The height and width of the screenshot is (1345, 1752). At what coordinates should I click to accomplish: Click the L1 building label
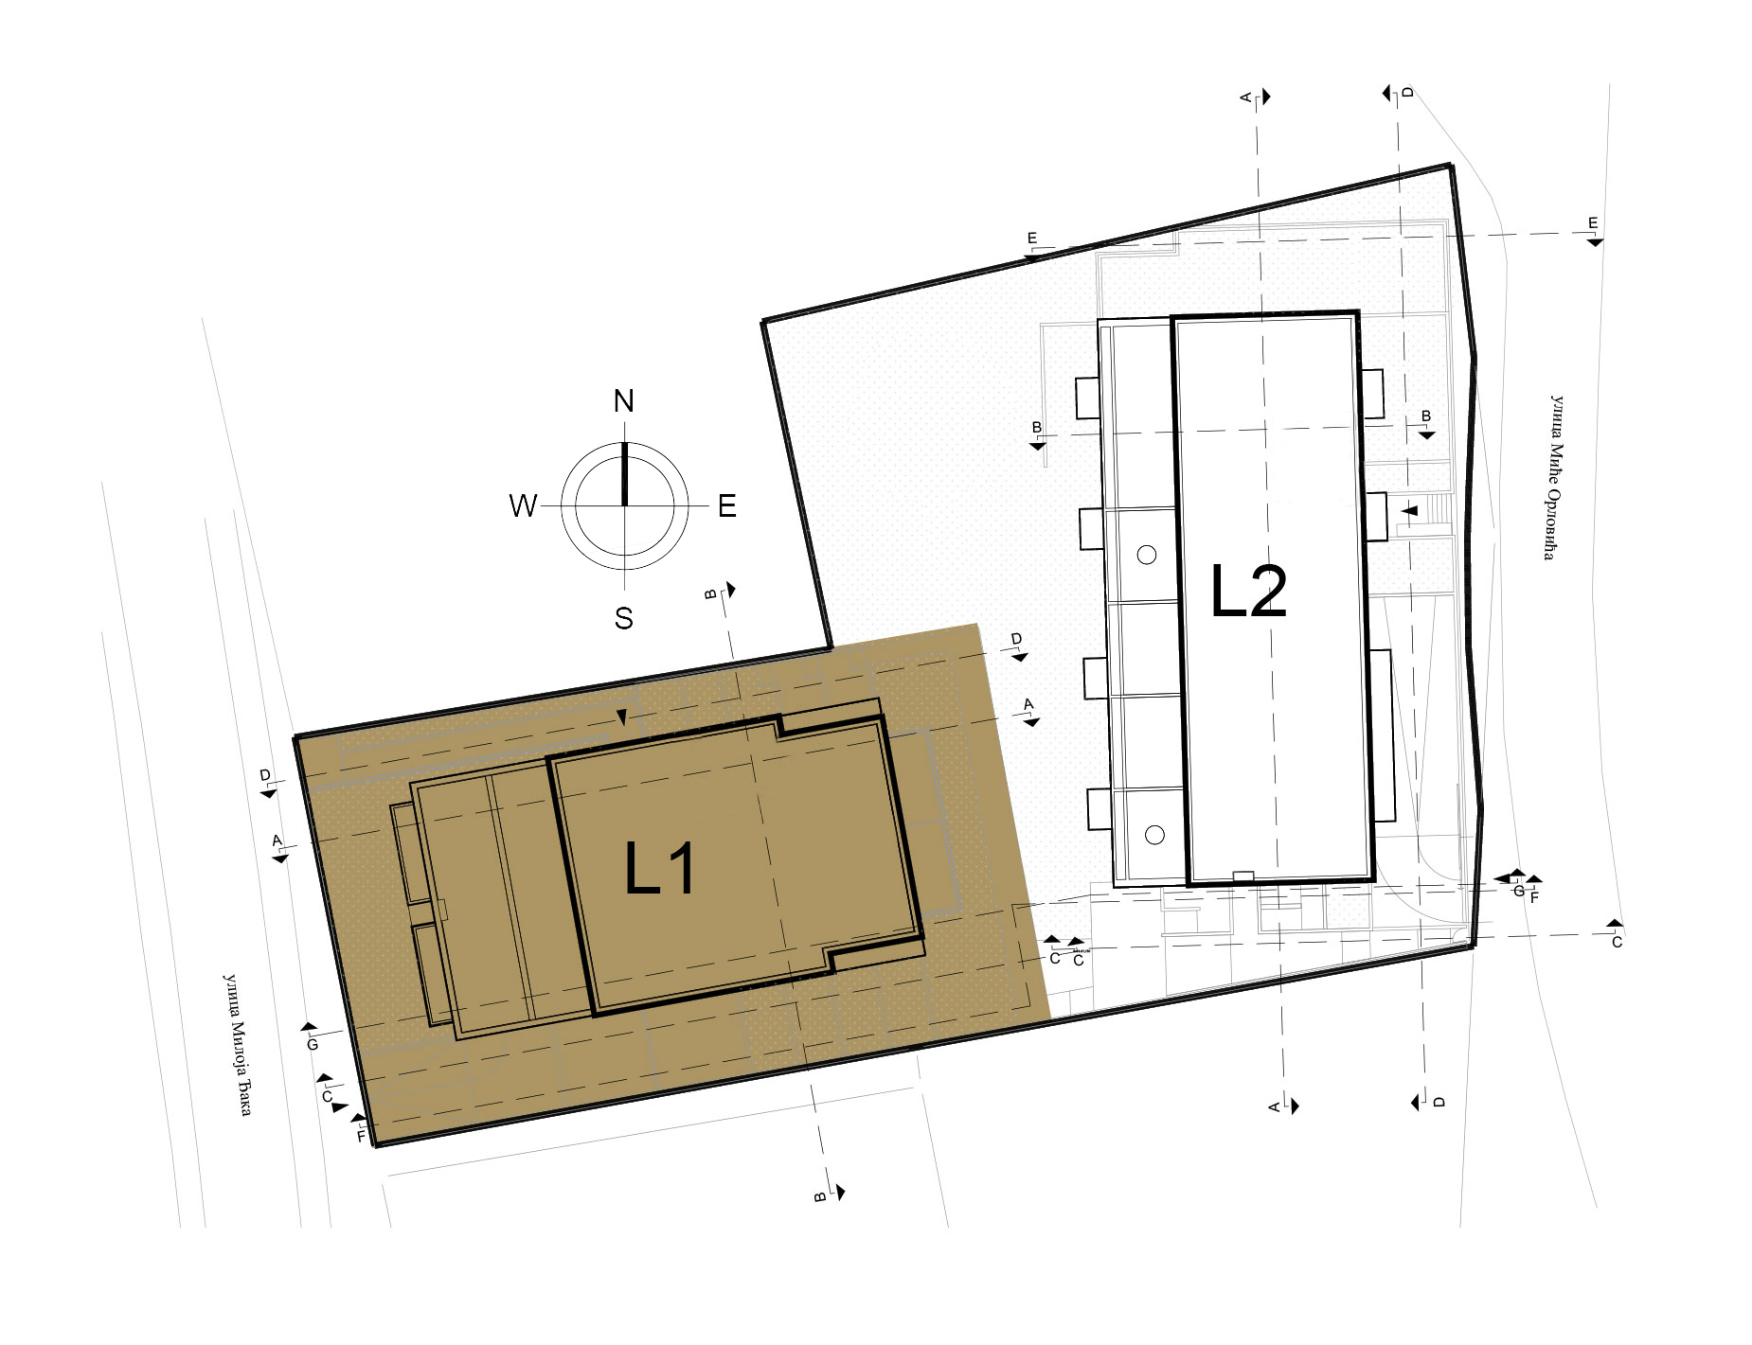[x=660, y=870]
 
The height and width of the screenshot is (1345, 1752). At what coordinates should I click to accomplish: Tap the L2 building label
[x=1249, y=593]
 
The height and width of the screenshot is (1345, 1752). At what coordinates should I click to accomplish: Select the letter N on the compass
[x=623, y=401]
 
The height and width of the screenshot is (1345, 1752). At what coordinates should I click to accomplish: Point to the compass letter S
[x=623, y=619]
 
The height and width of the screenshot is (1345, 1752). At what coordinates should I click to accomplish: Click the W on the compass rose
[x=523, y=506]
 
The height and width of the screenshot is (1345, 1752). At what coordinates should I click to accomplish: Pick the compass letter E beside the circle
[x=726, y=507]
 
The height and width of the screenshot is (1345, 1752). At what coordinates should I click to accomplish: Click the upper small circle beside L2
[x=1147, y=555]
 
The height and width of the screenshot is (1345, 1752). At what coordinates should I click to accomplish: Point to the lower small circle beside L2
[x=1153, y=834]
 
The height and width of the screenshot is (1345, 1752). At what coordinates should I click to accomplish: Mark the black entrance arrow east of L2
[x=1410, y=510]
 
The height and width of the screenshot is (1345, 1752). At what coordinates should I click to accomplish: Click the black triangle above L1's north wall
[x=621, y=718]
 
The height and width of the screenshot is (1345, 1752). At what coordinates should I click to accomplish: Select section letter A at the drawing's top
[x=1246, y=97]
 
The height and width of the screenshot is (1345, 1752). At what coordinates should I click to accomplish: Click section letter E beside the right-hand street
[x=1592, y=223]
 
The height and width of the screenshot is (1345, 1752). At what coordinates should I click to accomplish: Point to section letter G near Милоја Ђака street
[x=312, y=1045]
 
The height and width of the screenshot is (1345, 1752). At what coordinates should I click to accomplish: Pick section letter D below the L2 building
[x=1438, y=1102]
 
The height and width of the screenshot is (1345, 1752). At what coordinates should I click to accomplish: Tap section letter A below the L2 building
[x=1275, y=1106]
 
